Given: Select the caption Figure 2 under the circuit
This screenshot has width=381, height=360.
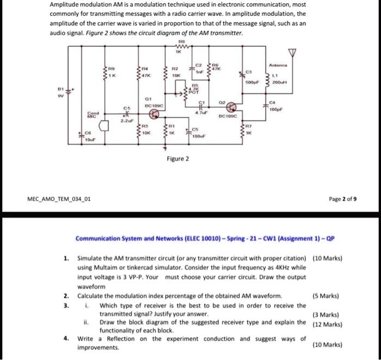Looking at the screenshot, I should point(178,159).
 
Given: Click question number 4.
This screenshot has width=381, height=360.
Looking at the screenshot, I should point(65,338).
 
